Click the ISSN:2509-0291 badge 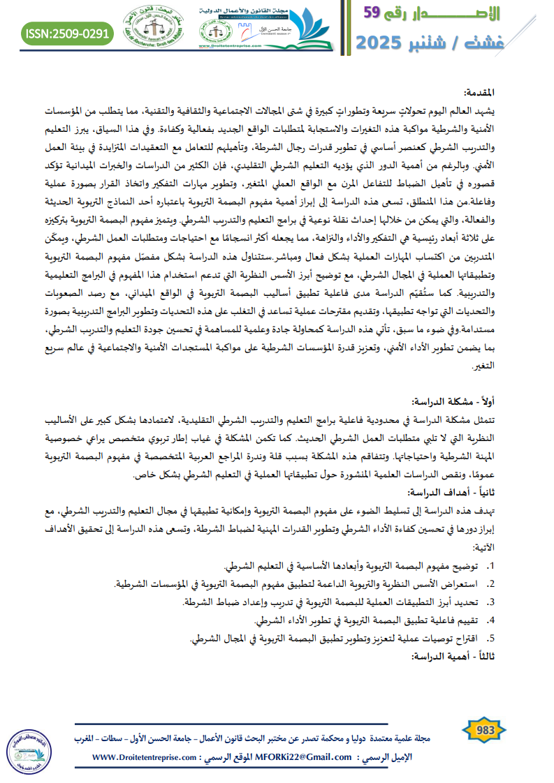tap(67, 32)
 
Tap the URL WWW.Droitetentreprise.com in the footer tap(143, 756)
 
